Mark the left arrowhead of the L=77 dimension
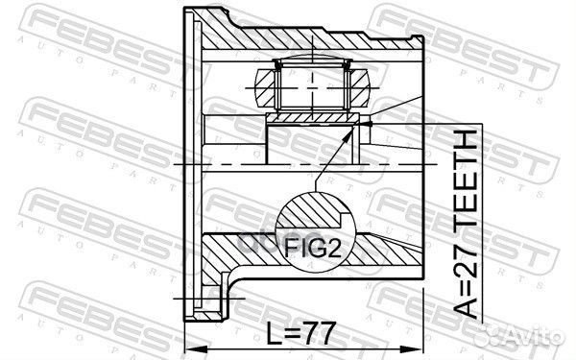188,346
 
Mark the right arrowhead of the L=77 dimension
419,346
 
